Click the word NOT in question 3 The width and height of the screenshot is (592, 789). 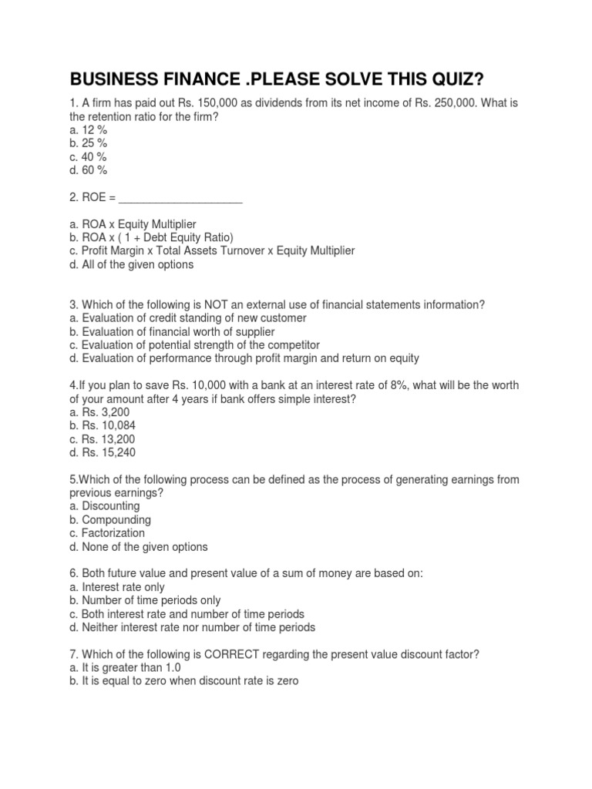[197, 304]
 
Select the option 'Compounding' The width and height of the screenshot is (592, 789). [111, 519]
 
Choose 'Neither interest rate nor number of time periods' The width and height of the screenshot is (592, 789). [193, 627]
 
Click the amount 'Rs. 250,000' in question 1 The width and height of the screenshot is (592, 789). [406, 103]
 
